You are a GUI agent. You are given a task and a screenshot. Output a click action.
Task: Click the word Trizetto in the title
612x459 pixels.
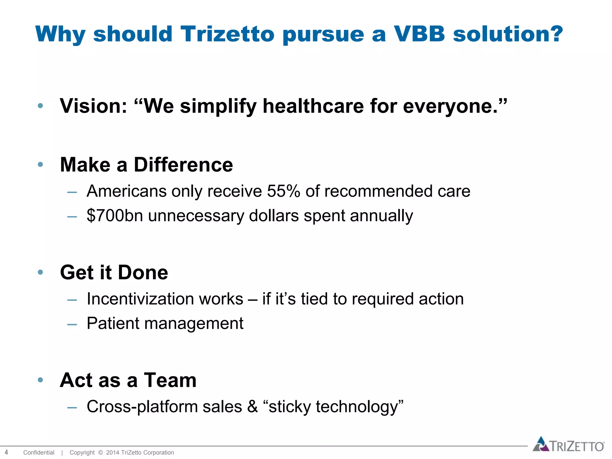227,34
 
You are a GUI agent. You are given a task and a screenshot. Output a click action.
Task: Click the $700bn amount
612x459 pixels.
115,215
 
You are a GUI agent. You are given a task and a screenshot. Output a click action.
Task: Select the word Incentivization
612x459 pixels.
165,299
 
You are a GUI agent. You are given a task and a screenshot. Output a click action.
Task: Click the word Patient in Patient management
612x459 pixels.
113,323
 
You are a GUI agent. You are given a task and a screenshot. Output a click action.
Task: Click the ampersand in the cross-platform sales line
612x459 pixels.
253,407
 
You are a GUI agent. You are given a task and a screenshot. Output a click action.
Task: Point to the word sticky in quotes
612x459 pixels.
290,407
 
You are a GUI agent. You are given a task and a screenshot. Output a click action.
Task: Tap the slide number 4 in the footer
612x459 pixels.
6,452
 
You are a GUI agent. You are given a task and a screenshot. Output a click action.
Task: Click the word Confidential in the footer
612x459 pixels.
39,452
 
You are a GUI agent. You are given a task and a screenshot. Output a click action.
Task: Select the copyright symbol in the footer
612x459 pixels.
100,452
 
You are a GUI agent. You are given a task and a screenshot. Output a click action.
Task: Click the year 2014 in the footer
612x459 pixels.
113,452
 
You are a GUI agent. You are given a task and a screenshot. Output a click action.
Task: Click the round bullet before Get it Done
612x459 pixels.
40,272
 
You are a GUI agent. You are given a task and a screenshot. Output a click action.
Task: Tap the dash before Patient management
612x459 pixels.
72,324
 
